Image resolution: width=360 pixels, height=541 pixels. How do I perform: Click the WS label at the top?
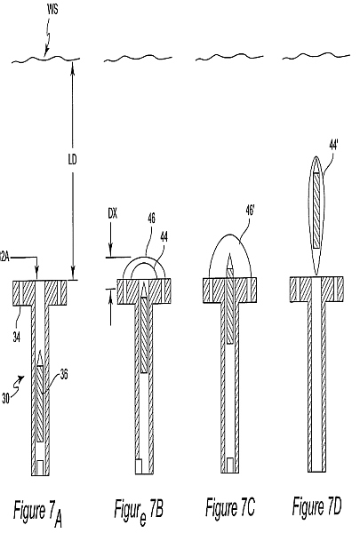(52, 9)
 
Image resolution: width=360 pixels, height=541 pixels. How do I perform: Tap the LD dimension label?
(72, 159)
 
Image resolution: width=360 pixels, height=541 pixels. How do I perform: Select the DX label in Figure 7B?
(113, 214)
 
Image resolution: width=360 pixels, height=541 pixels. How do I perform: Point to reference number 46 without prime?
(151, 219)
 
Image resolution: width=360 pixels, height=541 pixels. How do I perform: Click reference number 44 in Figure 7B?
(164, 237)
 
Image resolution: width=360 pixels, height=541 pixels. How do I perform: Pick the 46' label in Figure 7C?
(250, 211)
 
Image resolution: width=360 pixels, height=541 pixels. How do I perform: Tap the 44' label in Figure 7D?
(333, 146)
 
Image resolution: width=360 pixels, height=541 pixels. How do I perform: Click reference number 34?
(16, 337)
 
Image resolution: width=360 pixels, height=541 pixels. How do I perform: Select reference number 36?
(64, 375)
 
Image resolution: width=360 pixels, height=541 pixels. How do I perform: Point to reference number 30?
(5, 399)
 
